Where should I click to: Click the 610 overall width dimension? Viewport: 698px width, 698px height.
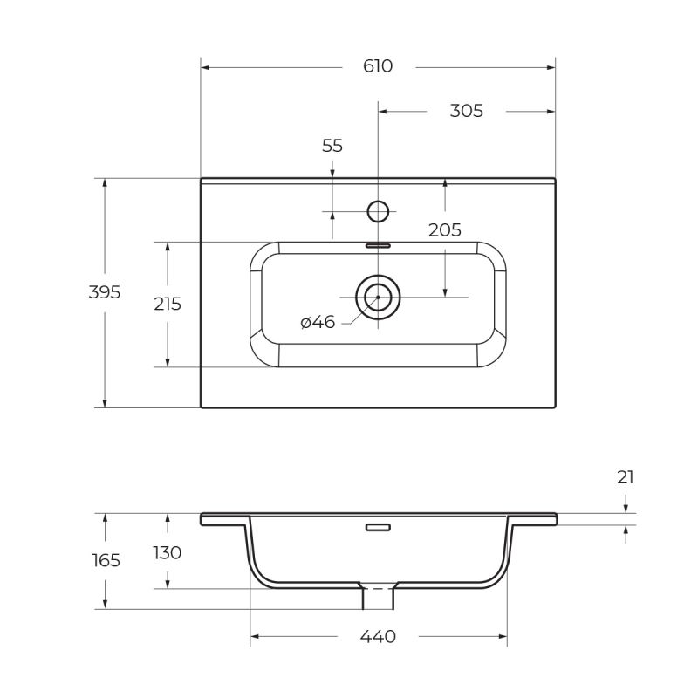378,66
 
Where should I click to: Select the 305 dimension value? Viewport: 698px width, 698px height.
466,111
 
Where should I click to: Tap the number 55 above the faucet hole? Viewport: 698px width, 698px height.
332,146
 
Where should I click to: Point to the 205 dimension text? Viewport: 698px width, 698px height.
444,230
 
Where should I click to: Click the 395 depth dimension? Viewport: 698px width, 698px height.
105,292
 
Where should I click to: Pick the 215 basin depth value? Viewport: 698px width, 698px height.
168,304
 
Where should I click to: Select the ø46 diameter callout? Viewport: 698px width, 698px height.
318,323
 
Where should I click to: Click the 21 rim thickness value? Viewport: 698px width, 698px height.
626,477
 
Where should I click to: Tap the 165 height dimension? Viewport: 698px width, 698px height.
106,560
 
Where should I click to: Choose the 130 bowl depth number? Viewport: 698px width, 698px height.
168,552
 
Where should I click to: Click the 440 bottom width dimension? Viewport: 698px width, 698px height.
378,637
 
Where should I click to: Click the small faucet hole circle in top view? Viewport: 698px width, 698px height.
378,211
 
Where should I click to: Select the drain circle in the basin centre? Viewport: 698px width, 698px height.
378,297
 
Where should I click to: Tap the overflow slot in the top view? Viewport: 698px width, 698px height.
378,246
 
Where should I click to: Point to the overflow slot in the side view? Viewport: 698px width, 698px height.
378,527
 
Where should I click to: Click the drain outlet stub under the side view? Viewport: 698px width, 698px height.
379,598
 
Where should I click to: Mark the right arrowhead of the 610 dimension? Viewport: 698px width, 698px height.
551,66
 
